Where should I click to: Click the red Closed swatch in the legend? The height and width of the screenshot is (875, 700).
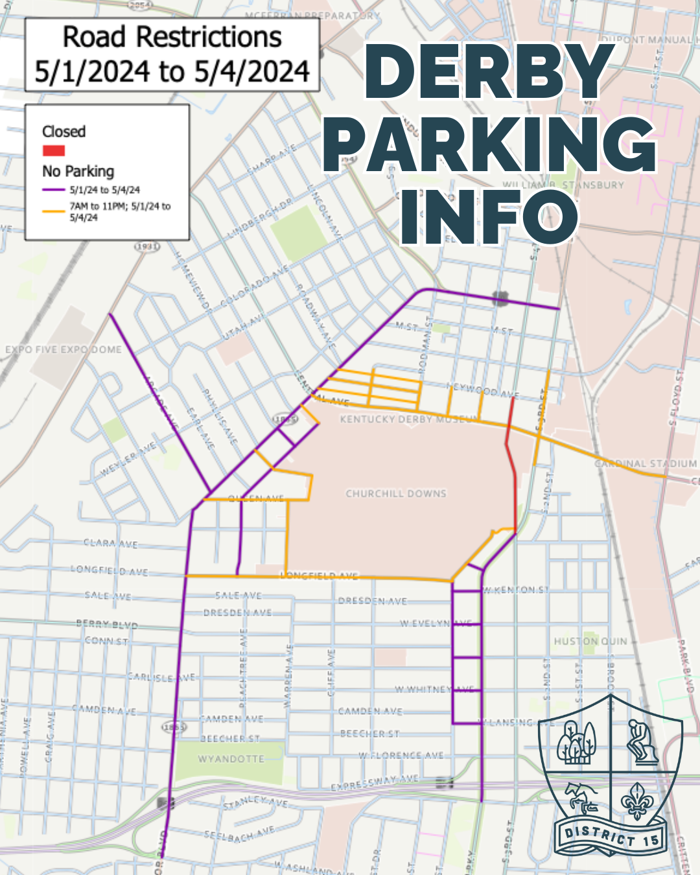pos(53,151)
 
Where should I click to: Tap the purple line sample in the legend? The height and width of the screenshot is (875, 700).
pos(53,190)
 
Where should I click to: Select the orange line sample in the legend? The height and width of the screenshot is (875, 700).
pos(53,211)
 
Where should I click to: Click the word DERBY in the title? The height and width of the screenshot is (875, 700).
pos(489,73)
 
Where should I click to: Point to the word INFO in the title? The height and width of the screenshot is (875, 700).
pos(489,217)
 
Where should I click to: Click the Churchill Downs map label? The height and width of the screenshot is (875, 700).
pos(396,494)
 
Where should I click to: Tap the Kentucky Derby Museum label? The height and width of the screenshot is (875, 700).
pos(408,419)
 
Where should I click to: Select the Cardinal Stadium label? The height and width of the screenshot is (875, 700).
pos(646,464)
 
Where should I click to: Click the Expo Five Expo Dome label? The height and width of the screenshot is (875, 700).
pos(64,350)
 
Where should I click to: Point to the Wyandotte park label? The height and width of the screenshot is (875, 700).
pos(231,759)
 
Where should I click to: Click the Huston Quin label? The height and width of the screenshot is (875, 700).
pos(590,642)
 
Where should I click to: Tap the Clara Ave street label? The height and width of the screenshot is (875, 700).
pos(110,543)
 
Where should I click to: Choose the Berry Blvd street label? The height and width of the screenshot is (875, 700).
pos(107,625)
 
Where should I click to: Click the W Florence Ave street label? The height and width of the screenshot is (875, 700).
pos(401,756)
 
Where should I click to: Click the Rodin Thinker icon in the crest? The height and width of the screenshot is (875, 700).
pos(643,741)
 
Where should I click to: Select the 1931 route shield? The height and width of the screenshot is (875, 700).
pos(147,247)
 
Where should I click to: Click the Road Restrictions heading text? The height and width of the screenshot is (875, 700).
pos(172,38)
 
